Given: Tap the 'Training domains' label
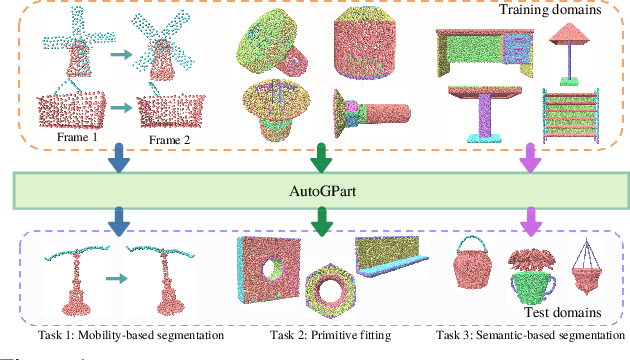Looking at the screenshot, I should click(x=555, y=12).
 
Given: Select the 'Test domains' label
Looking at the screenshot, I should click(x=566, y=313).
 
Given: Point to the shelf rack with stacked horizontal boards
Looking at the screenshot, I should click(x=570, y=118).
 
